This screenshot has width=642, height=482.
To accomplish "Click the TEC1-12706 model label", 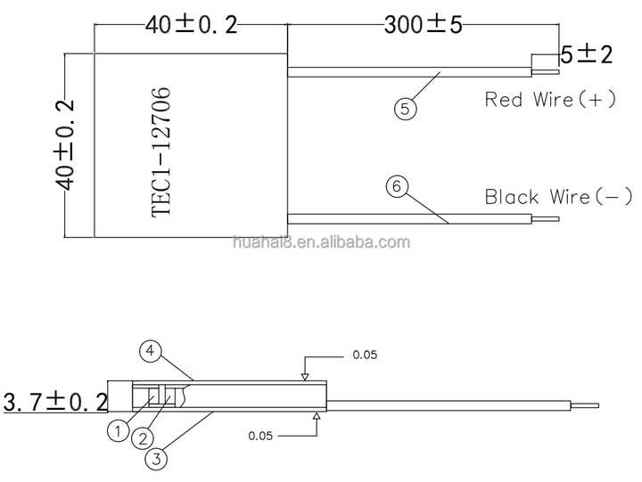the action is click(160, 152).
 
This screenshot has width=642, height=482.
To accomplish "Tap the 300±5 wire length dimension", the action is click(423, 25).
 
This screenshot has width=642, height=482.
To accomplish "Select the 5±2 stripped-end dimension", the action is click(587, 54).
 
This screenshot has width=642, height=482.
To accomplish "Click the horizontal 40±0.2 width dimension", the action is click(191, 25).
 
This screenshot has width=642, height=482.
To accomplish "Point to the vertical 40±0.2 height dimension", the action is click(64, 145).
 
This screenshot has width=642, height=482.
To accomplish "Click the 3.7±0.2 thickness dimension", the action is click(55, 402).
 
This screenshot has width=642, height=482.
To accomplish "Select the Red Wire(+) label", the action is click(550, 100).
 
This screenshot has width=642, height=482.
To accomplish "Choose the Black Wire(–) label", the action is click(558, 196).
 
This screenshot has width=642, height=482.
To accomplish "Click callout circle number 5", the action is click(405, 109).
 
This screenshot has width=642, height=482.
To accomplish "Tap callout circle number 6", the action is click(396, 186).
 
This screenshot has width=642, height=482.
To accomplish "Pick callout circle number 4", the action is click(151, 351).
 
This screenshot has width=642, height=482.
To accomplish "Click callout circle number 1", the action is click(118, 431).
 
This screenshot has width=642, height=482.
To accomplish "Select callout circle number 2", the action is click(143, 439).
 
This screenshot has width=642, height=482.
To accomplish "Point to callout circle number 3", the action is click(156, 459).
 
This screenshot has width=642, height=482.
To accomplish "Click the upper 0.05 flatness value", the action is click(365, 355).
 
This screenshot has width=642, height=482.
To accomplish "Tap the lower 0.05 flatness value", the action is click(260, 436).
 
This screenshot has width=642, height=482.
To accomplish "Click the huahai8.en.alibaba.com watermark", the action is click(321, 242).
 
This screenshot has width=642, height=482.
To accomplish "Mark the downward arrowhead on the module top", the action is click(305, 377).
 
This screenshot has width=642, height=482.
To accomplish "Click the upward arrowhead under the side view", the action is click(317, 416).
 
